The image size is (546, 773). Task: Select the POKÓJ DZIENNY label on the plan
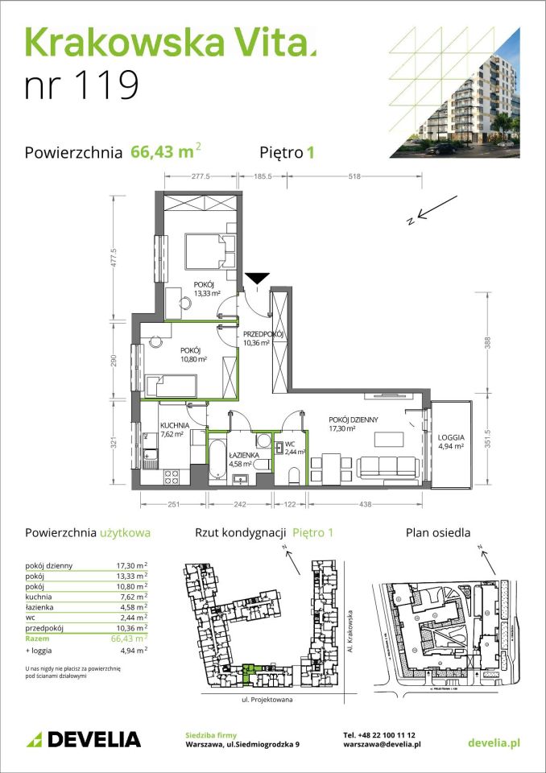tap(353, 425)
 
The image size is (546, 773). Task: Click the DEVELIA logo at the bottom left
tap(83, 739)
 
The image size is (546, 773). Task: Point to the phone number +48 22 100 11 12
tap(378, 734)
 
